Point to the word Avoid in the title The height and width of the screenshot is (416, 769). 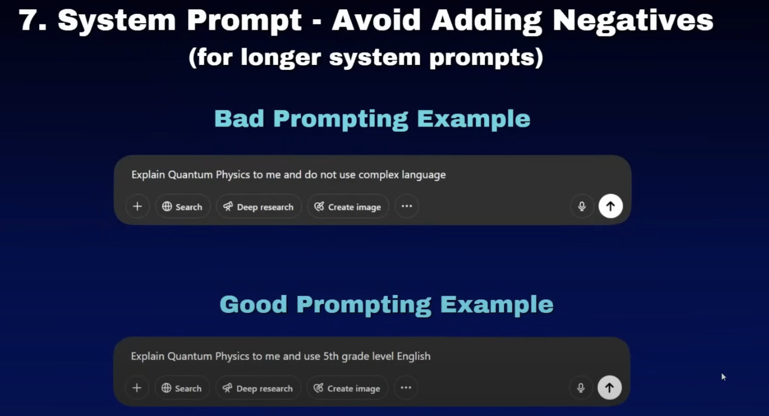coord(376,20)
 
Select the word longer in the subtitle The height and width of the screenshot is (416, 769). coord(281,59)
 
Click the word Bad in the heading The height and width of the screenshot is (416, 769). coord(239,119)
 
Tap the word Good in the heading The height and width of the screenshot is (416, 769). coord(253,304)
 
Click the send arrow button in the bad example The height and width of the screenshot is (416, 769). coord(610,206)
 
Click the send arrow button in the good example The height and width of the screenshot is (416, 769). coord(609,388)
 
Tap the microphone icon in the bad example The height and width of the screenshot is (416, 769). coord(582,206)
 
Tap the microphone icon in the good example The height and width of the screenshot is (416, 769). coord(581,388)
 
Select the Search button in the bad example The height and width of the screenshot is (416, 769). coord(182,206)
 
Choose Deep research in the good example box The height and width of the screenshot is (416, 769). coord(258,388)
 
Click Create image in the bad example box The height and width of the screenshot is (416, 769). coord(348,207)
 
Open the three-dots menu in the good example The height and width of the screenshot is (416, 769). coord(406,388)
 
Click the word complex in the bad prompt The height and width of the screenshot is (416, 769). coord(379,175)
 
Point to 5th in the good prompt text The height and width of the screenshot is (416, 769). coord(331,356)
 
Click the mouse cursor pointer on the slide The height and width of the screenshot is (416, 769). coord(723,377)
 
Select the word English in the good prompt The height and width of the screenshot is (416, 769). coord(413,357)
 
